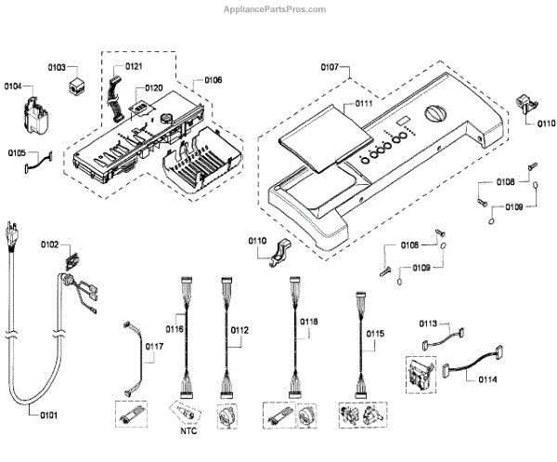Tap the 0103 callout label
[58, 68]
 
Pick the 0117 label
[154, 347]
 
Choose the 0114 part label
[488, 378]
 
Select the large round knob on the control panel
[434, 117]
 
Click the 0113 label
[427, 323]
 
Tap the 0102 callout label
[49, 244]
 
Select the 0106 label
[212, 81]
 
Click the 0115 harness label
[375, 333]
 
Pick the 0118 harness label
[309, 322]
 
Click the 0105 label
[18, 153]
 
